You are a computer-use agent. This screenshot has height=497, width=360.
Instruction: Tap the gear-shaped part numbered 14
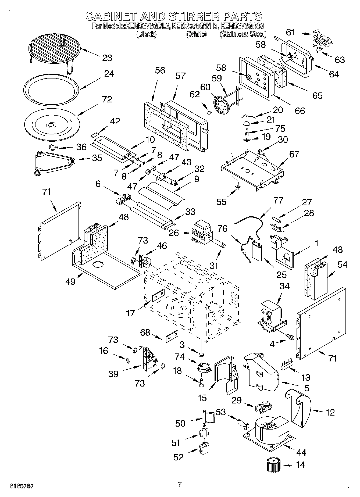click(272, 464)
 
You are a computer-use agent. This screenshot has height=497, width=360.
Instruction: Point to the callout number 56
click(160, 70)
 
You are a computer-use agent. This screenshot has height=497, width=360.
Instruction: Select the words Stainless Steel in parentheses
click(243, 34)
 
